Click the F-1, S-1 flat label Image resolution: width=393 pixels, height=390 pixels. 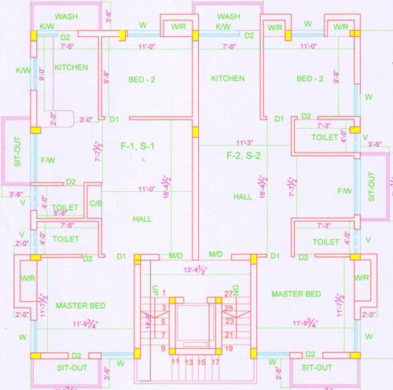(x=137, y=147)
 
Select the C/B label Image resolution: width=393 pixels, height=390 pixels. (x=94, y=204)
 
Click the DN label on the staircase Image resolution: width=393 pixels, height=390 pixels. (x=233, y=290)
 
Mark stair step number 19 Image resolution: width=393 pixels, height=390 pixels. (x=230, y=348)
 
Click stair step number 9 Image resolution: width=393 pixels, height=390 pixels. (x=163, y=348)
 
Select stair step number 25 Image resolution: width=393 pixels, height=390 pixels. (x=230, y=307)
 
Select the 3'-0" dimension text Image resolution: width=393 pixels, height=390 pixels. (x=86, y=120)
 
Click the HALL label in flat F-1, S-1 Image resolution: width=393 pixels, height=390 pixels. (x=141, y=219)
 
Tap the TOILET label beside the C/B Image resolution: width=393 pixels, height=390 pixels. (x=67, y=208)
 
